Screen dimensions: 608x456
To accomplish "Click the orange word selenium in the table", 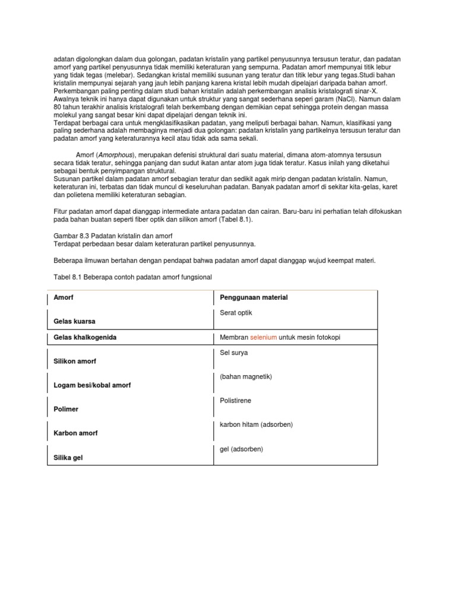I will tap(263, 337).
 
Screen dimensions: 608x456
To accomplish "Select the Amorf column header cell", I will tap(64, 297).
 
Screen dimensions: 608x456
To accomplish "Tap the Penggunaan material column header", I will tap(254, 297).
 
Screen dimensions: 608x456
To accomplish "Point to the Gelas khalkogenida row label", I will tap(85, 337).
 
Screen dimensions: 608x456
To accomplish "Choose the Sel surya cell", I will tap(234, 353).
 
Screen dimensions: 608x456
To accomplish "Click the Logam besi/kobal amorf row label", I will tap(92, 385).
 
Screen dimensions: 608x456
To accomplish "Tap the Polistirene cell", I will tap(235, 401).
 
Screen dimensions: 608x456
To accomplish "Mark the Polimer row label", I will tap(66, 409).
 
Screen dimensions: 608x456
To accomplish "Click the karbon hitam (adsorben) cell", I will tap(256, 425).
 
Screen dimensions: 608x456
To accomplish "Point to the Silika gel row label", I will tap(69, 458).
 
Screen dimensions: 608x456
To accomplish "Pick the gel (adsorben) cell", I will tap(241, 449).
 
